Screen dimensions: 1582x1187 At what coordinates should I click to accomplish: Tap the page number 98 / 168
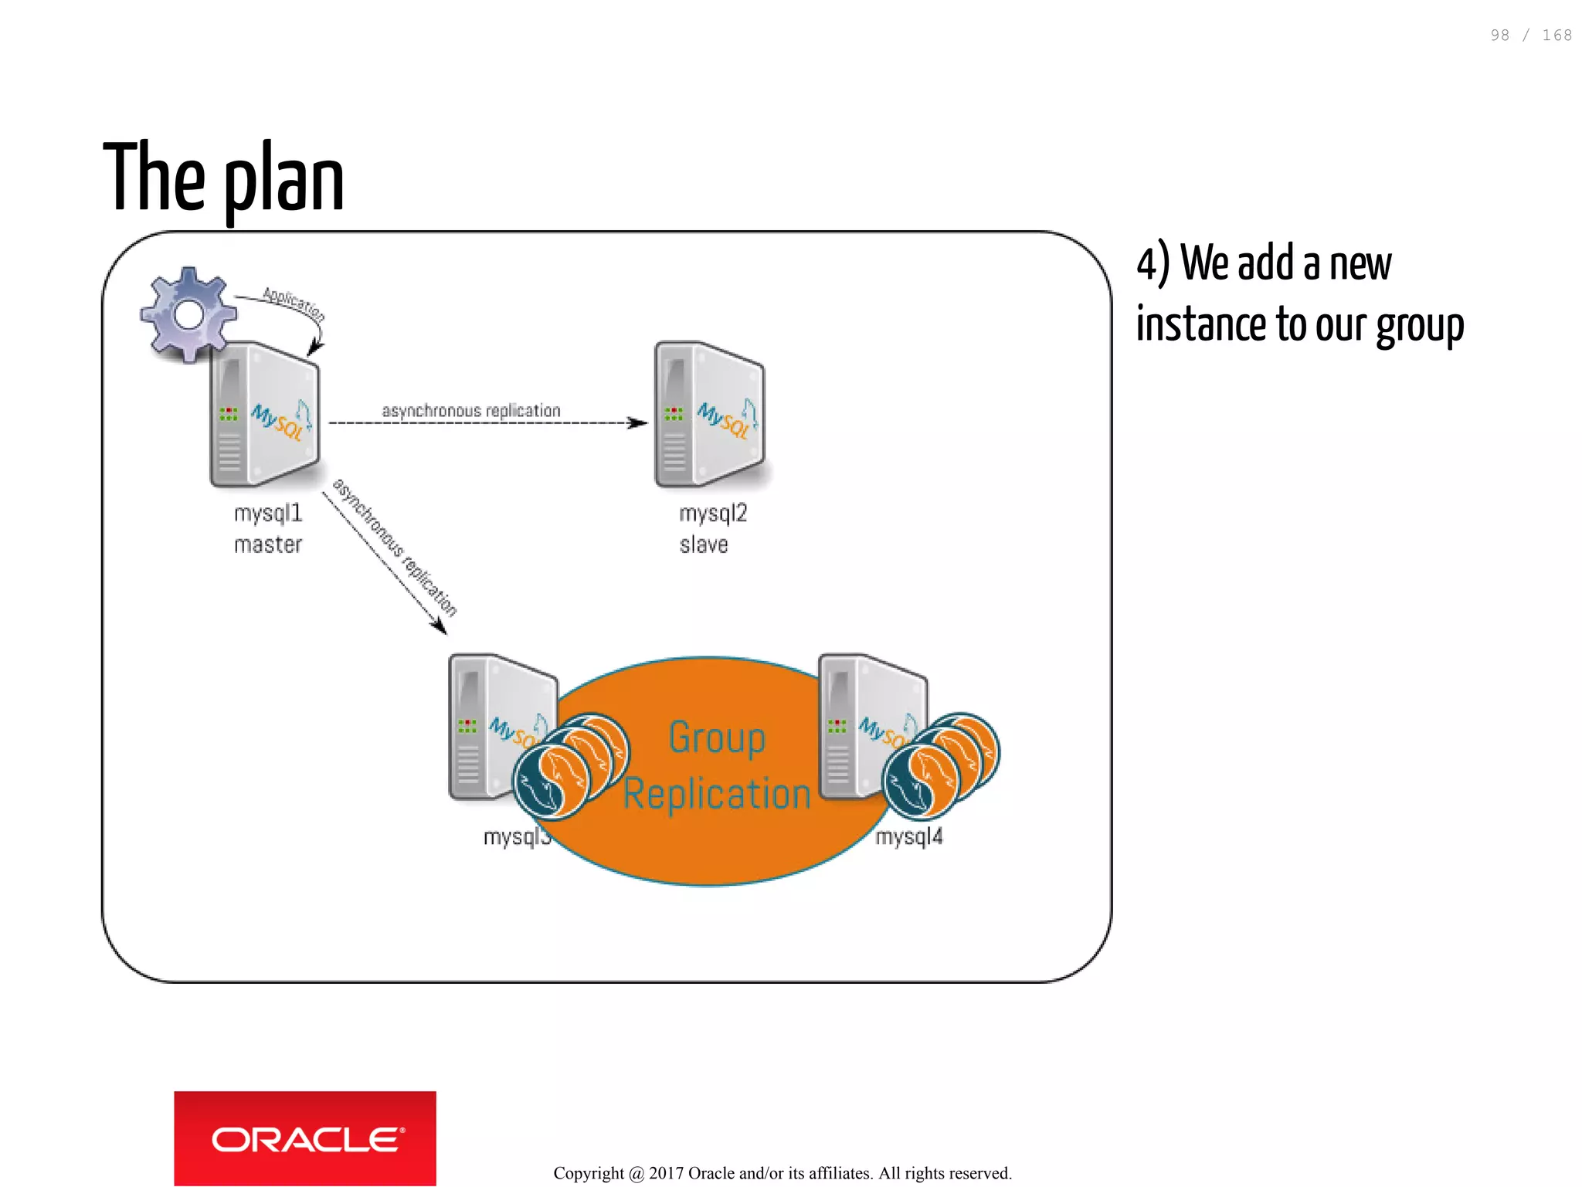click(x=1530, y=36)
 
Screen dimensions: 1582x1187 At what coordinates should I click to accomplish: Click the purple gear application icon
click(x=188, y=314)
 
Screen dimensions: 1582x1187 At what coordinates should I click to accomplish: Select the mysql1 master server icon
click(x=264, y=415)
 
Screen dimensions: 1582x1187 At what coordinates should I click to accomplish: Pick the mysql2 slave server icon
click(x=709, y=415)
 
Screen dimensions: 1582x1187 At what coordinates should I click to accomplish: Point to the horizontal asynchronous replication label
click(x=471, y=411)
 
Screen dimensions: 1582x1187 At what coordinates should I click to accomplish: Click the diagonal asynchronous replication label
click(x=395, y=547)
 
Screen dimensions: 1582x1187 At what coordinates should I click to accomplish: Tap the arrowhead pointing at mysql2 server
click(x=638, y=422)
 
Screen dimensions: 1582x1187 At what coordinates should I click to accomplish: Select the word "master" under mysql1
click(x=268, y=544)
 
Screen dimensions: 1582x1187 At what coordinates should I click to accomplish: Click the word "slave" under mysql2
click(x=704, y=544)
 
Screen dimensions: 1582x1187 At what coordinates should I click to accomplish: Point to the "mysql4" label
click(x=909, y=836)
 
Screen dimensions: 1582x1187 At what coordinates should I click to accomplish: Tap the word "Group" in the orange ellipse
click(x=717, y=737)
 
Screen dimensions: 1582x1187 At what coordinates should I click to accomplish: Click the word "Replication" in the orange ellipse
click(x=717, y=794)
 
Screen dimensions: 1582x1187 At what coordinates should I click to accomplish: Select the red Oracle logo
click(x=305, y=1138)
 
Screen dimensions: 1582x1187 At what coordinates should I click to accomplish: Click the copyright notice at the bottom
click(x=782, y=1173)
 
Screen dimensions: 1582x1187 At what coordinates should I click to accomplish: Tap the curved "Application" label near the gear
click(x=294, y=304)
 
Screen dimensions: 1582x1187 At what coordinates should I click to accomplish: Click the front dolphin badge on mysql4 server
click(x=920, y=782)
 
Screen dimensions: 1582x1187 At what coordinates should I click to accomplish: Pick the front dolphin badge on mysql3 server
click(x=551, y=782)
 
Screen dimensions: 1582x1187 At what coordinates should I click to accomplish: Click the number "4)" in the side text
click(x=1153, y=264)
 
